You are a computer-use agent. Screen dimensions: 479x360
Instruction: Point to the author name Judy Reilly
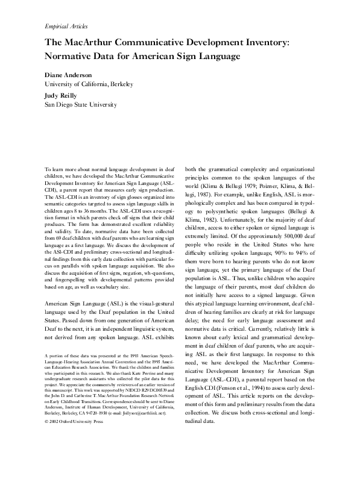pyautogui.click(x=63, y=95)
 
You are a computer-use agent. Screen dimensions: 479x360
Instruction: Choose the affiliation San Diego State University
pyautogui.click(x=84, y=105)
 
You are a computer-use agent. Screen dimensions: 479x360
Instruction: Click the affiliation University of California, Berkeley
pyautogui.click(x=91, y=84)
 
